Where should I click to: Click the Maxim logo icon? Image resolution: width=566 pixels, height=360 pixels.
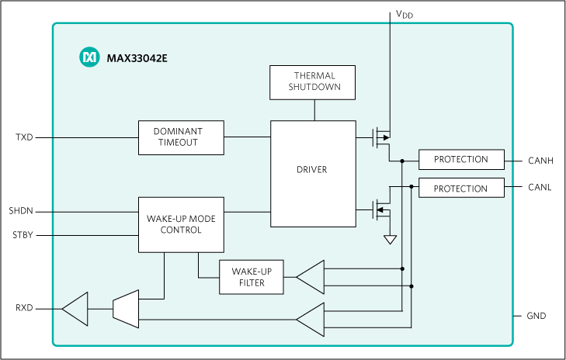coord(90,57)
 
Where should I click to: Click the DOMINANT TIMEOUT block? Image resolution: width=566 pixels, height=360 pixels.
coord(181,137)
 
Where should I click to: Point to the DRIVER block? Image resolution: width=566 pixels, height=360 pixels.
coord(313,170)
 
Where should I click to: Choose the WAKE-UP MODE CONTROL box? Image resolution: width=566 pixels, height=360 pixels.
coord(181,224)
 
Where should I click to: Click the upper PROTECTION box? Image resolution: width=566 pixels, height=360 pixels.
coord(460,160)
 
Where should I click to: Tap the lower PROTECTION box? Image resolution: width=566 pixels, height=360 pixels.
coord(460,189)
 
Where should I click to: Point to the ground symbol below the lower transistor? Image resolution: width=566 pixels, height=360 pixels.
coord(390,240)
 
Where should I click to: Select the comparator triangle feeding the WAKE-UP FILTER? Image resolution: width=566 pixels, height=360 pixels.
coord(310,277)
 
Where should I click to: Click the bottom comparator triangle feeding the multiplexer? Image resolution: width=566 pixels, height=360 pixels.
coord(310,319)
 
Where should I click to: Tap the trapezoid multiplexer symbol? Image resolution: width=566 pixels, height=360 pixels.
coord(124,308)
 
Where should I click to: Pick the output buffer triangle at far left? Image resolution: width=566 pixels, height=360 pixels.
coord(75,308)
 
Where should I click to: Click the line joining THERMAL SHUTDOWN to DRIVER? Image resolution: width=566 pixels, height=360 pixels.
coord(314,111)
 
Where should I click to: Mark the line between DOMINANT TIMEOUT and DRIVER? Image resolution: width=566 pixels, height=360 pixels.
coord(247,137)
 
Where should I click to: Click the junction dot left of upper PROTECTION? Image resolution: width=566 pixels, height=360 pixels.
coord(402,161)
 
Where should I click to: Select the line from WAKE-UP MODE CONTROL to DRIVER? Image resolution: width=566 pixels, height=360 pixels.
coord(247,210)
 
